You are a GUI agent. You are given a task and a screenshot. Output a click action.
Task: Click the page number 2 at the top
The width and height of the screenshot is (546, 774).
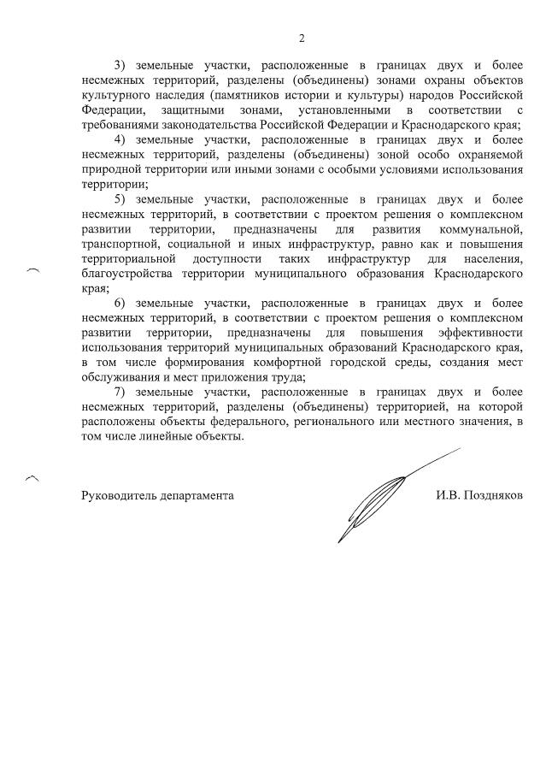[x=301, y=38]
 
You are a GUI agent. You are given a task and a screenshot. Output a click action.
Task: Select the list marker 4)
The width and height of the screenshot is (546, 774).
[x=120, y=139]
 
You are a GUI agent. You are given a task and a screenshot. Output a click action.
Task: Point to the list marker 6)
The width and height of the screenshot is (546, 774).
[x=120, y=303]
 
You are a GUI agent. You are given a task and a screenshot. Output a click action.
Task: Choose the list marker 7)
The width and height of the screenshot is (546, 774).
[x=120, y=392]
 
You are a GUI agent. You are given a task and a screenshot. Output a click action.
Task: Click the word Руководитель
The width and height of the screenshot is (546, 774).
[x=119, y=495]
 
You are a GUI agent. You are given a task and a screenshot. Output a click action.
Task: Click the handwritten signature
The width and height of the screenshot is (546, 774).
[x=376, y=500]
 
